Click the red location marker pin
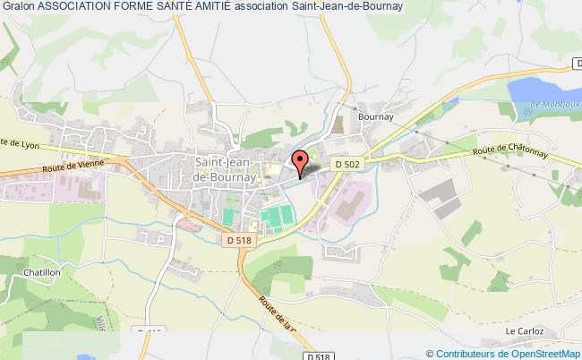tap(300, 161)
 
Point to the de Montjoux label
tap(553, 104)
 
